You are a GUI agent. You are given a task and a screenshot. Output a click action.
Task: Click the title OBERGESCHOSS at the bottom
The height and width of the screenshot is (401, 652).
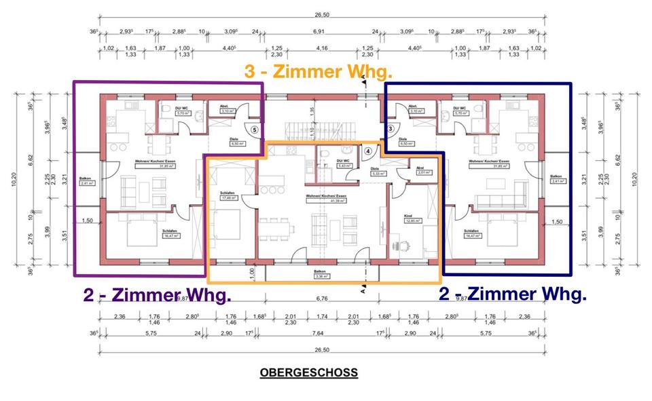pyautogui.click(x=308, y=373)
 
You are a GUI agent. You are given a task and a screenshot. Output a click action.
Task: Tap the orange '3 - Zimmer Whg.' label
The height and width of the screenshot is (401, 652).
pyautogui.click(x=319, y=71)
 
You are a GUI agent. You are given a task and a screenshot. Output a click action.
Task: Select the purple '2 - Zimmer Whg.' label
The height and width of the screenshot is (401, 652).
pyautogui.click(x=156, y=295)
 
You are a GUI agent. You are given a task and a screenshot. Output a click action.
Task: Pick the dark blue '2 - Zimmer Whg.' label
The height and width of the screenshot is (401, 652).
pyautogui.click(x=512, y=294)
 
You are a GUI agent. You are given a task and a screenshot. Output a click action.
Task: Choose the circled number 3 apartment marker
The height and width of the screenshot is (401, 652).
pyautogui.click(x=391, y=128)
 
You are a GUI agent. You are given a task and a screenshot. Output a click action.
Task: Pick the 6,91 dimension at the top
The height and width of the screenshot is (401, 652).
pyautogui.click(x=318, y=31)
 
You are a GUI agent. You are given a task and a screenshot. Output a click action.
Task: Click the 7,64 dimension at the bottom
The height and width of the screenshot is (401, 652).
pyautogui.click(x=319, y=334)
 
